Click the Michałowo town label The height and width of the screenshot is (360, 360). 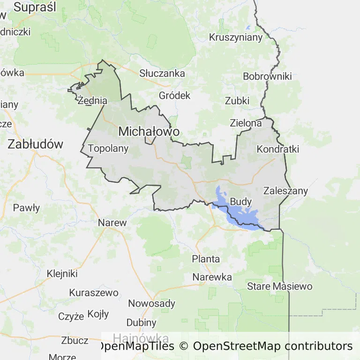pyautogui.click(x=149, y=132)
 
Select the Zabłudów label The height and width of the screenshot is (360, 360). pyautogui.click(x=35, y=144)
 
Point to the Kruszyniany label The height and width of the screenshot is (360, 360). pyautogui.click(x=236, y=37)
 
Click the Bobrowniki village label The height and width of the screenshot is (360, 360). pyautogui.click(x=267, y=76)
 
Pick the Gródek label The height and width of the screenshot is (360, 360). pyautogui.click(x=175, y=95)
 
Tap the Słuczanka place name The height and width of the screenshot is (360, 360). pyautogui.click(x=162, y=73)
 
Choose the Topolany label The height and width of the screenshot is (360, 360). pyautogui.click(x=108, y=149)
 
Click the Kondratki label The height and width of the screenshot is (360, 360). pyautogui.click(x=278, y=149)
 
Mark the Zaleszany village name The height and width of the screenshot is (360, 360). pyautogui.click(x=285, y=190)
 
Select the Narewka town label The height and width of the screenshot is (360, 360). pyautogui.click(x=212, y=277)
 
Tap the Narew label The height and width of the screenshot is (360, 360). pyautogui.click(x=112, y=223)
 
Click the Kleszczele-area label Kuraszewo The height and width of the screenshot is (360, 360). pyautogui.click(x=94, y=292)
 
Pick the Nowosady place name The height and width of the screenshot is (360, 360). pyautogui.click(x=151, y=303)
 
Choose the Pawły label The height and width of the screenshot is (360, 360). pyautogui.click(x=26, y=208)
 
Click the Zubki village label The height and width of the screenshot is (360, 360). pyautogui.click(x=237, y=101)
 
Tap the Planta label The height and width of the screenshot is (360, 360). pyautogui.click(x=206, y=259)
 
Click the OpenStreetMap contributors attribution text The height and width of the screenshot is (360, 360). pyautogui.click(x=273, y=346)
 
